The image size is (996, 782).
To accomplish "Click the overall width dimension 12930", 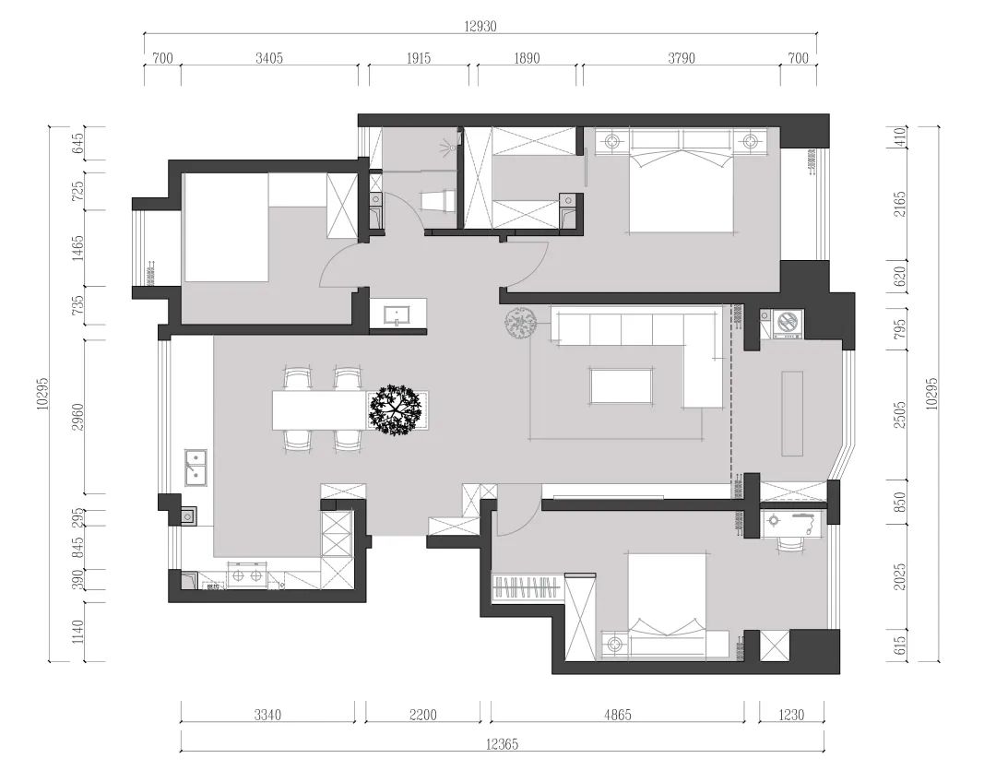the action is [x=480, y=26].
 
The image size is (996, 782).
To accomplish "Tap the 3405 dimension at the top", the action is [x=268, y=58].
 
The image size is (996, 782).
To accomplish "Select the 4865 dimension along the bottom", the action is [x=617, y=715].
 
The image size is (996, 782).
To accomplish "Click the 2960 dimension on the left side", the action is [x=78, y=417].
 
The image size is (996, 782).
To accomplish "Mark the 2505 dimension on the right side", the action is [x=899, y=413].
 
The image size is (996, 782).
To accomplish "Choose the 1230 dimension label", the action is [x=791, y=715].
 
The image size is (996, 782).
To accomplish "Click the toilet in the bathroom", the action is [x=438, y=200].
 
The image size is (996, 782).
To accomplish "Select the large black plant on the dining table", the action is [x=395, y=409].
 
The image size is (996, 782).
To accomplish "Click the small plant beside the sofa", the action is [x=521, y=324].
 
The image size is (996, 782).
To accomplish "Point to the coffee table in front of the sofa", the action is [x=622, y=385].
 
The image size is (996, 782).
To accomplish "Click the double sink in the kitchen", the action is [x=195, y=467].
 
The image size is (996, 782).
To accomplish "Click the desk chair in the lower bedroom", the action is [x=788, y=544].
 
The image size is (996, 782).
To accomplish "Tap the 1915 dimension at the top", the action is [x=418, y=58].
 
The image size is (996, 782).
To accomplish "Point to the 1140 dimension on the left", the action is [x=78, y=632].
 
